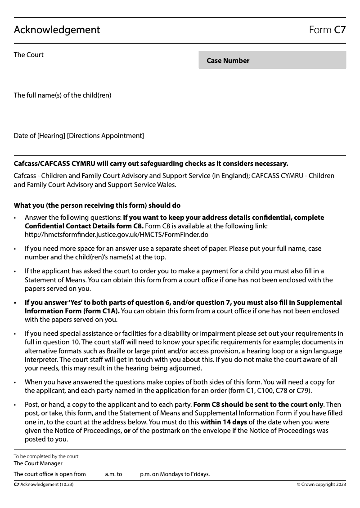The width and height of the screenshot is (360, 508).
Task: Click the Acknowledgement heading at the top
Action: tap(57, 30)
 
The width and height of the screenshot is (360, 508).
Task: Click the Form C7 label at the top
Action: tap(327, 30)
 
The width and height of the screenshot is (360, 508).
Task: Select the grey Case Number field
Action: tap(272, 60)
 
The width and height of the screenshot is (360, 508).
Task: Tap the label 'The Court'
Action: tap(29, 55)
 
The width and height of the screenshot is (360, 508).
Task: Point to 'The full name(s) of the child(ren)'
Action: tap(63, 95)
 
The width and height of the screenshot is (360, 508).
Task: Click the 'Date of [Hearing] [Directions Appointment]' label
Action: tap(79, 136)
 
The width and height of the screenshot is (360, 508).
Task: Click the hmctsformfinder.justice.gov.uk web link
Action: tap(116, 235)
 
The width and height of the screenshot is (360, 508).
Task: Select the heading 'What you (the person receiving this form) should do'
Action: tap(97, 206)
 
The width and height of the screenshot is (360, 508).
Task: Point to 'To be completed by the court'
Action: tap(46, 456)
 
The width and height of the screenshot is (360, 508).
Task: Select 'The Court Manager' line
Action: tap(38, 463)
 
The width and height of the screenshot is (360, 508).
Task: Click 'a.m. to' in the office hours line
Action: tap(113, 474)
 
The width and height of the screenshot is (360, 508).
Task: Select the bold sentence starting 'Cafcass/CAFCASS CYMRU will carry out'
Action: tap(151, 164)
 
